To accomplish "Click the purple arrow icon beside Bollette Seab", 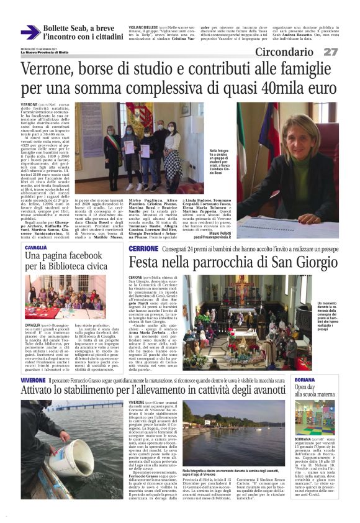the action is pos(30,32).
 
